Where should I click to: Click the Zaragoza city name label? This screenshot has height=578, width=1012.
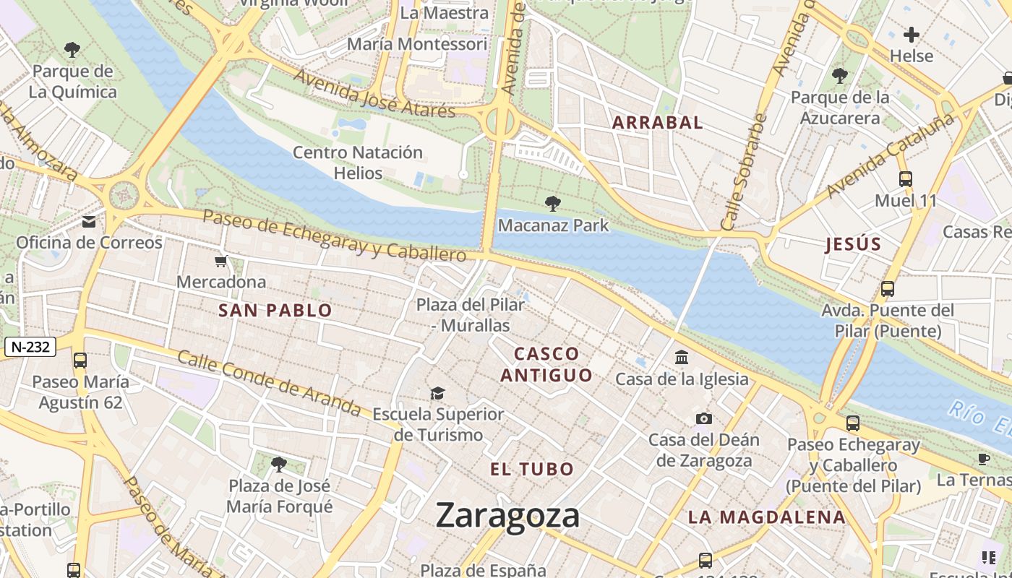tap(507, 516)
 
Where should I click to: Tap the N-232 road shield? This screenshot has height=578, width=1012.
tap(30, 347)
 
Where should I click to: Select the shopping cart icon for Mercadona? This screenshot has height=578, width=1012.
tap(221, 261)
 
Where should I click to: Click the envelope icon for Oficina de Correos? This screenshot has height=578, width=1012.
tap(89, 222)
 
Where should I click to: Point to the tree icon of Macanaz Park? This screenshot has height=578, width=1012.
tap(553, 204)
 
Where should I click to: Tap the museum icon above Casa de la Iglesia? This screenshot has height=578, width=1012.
tap(681, 357)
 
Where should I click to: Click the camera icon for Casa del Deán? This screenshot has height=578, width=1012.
tap(703, 418)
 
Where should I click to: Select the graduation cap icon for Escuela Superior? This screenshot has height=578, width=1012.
tap(437, 393)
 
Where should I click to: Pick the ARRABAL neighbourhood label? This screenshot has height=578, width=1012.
tap(657, 123)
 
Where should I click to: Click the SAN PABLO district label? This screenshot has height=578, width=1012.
tap(275, 311)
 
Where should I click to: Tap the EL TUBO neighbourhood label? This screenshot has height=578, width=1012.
tap(532, 470)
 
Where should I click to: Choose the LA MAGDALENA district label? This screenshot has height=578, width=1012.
tap(766, 517)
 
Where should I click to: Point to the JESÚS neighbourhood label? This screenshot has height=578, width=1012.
tap(854, 244)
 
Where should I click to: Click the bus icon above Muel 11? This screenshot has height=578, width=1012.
tap(906, 179)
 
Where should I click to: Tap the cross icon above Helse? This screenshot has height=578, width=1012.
tap(912, 34)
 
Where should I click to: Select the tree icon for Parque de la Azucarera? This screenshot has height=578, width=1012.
tap(839, 74)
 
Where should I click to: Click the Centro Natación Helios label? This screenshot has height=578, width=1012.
tap(358, 163)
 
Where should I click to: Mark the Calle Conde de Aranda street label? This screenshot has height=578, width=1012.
tap(269, 384)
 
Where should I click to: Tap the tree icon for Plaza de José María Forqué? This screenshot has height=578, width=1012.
tap(279, 464)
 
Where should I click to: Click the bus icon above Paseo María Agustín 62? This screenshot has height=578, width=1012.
tap(80, 360)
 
